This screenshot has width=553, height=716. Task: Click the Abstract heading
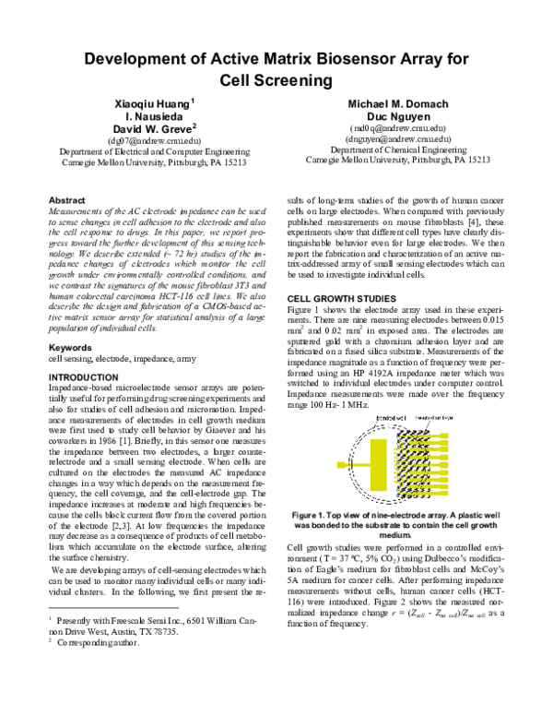click(66, 199)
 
